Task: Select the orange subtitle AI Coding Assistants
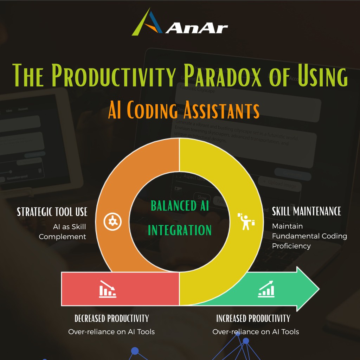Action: tap(184, 110)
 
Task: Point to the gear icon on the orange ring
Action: tap(113, 221)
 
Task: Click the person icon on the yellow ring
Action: tap(246, 221)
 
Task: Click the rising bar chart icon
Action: tap(266, 289)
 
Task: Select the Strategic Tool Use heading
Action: tap(52, 212)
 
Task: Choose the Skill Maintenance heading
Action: tap(307, 211)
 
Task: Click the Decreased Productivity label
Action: tap(111, 319)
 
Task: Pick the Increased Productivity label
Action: tap(253, 319)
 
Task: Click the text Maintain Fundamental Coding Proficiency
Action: tap(309, 236)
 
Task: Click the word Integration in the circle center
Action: tap(180, 230)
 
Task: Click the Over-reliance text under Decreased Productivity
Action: tap(111, 332)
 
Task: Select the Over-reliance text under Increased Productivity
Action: tap(256, 332)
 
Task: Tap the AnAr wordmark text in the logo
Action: tap(197, 28)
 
